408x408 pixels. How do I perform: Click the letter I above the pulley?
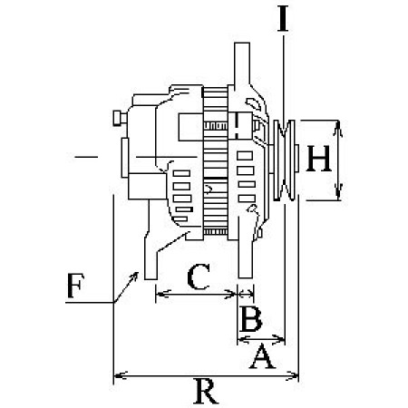coord(284,20)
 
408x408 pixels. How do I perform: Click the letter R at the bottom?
coord(206,392)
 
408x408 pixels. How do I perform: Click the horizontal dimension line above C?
coord(195,292)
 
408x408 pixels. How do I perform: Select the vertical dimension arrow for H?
coord(338,159)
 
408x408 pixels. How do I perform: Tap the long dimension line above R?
coord(206,374)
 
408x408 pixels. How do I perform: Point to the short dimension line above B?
coord(246,292)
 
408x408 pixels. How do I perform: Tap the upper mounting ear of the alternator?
coord(242,63)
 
